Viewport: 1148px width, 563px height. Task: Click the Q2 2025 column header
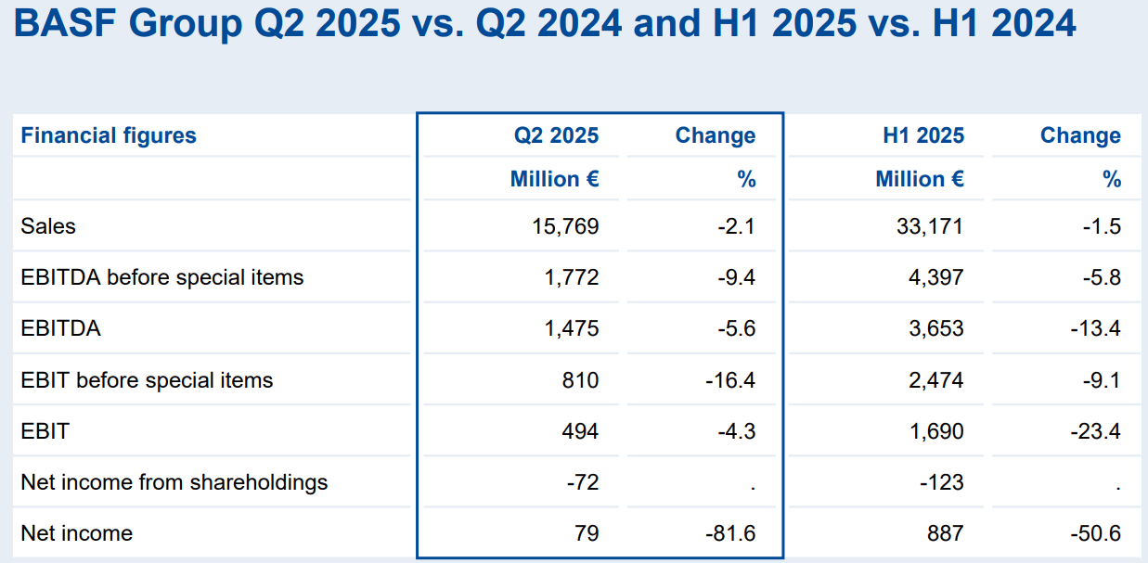coord(556,135)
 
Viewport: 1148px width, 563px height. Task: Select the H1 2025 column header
coord(922,135)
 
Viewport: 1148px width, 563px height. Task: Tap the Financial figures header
coord(109,135)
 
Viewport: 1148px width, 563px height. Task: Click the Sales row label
coord(48,226)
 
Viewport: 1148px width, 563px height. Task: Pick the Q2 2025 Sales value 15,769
coord(565,226)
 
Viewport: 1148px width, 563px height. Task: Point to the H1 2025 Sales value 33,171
coord(931,226)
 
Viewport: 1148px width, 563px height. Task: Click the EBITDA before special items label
coord(162,277)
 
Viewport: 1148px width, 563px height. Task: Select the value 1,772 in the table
coord(572,277)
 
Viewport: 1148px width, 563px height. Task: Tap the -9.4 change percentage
coord(737,277)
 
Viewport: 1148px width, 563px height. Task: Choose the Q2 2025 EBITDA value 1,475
coord(572,328)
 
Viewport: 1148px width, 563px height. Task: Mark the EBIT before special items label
coord(147,380)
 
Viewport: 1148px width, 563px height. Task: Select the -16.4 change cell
coord(731,380)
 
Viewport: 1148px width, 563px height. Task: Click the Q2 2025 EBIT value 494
coord(580,431)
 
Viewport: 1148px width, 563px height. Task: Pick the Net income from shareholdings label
coord(174,482)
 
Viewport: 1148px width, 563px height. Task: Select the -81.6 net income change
coord(731,533)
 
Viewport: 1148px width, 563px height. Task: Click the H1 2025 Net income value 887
coord(945,533)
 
